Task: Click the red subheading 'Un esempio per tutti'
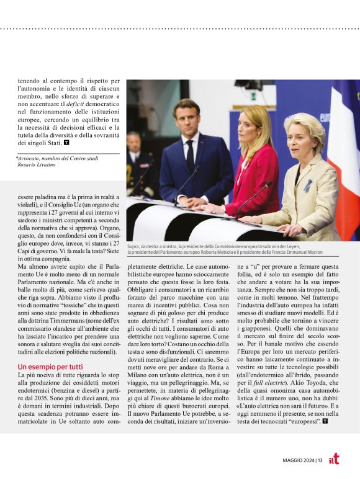50,367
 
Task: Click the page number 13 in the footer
319,460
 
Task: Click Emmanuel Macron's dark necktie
190,154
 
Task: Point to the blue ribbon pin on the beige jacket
308,184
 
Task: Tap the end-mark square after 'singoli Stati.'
67,143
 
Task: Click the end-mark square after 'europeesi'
325,421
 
